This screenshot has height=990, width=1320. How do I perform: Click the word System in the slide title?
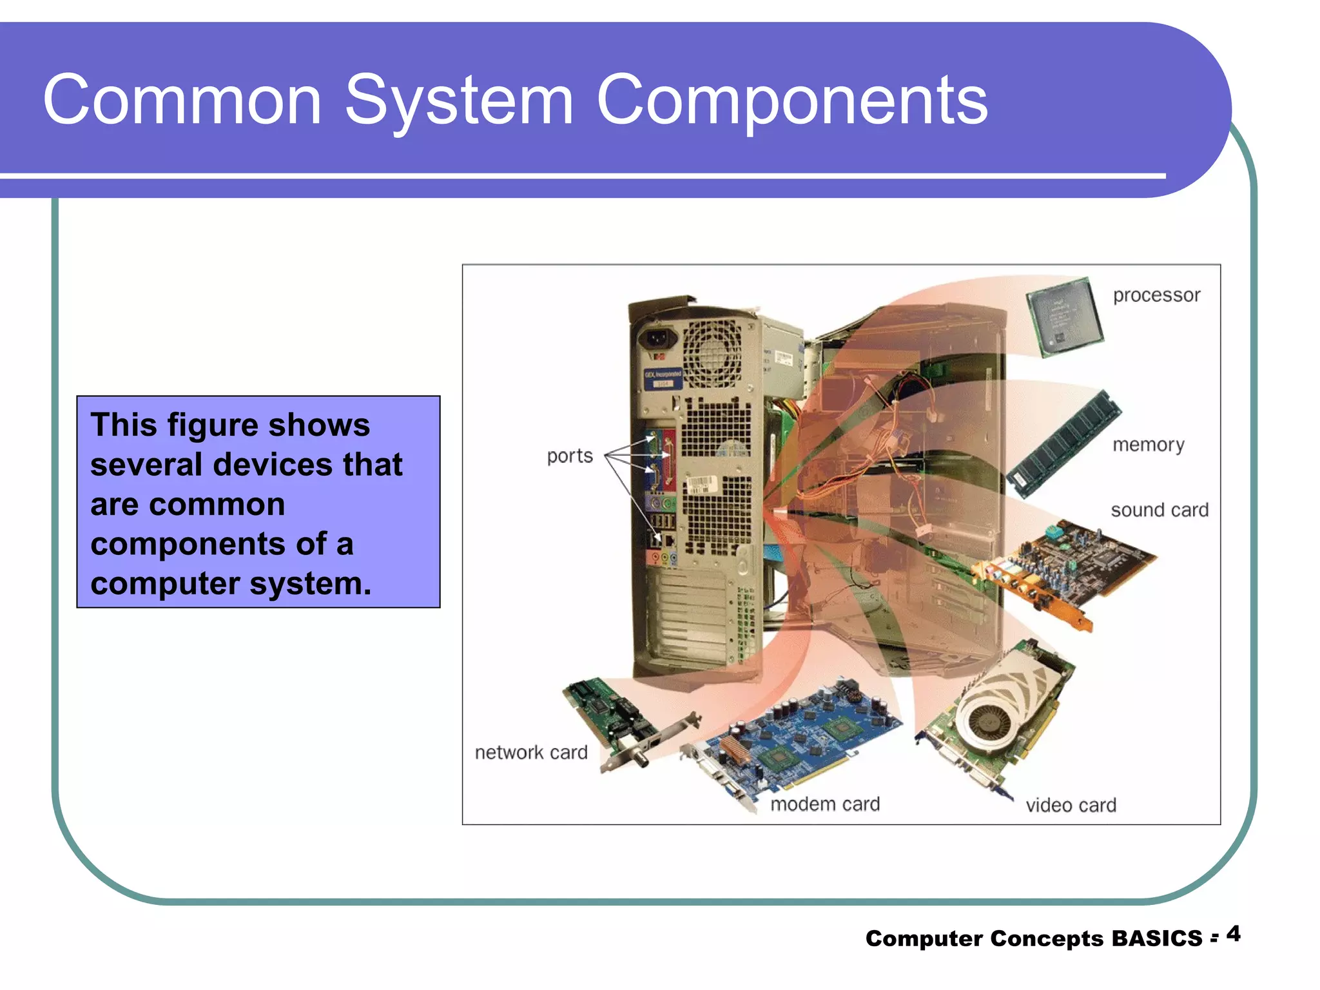pyautogui.click(x=459, y=101)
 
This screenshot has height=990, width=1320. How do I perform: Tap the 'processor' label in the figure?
pyautogui.click(x=1156, y=295)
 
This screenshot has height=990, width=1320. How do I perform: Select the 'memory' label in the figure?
pyautogui.click(x=1148, y=445)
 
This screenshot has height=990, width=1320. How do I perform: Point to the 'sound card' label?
pyautogui.click(x=1159, y=510)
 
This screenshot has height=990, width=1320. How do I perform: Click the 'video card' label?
pyautogui.click(x=1071, y=805)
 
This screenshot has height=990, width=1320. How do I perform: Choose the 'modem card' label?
pyautogui.click(x=825, y=804)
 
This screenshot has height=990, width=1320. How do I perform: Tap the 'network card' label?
pyautogui.click(x=531, y=752)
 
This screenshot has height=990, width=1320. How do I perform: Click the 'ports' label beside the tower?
pyautogui.click(x=570, y=456)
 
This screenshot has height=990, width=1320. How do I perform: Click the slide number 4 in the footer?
pyautogui.click(x=1233, y=934)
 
